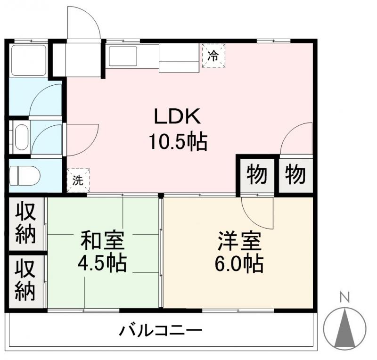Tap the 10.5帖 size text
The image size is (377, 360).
[x=178, y=141]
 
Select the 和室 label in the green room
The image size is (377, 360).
[x=102, y=240]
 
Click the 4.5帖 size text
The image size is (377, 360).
[x=102, y=263]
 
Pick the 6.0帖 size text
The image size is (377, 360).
[x=239, y=263]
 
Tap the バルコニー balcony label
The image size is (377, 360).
[x=160, y=329]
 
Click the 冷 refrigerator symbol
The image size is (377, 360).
[x=213, y=56]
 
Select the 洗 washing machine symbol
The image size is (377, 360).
[x=77, y=180]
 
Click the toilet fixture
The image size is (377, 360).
[x=25, y=175]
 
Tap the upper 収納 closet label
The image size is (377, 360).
[x=25, y=224]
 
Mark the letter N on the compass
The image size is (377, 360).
[x=345, y=297]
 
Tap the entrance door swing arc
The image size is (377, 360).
[x=84, y=24]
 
